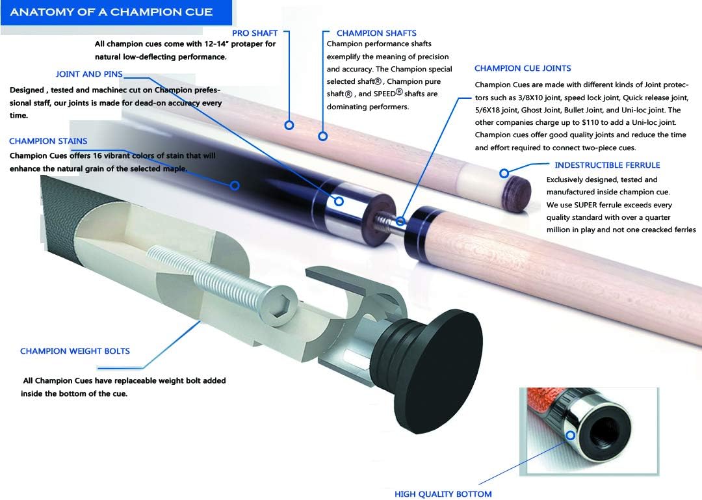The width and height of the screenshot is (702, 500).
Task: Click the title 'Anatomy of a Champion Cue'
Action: [111, 12]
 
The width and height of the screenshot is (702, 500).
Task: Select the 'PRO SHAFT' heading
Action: [255, 33]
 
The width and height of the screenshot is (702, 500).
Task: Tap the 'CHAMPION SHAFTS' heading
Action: [376, 33]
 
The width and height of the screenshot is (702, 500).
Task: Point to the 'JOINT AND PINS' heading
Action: [89, 74]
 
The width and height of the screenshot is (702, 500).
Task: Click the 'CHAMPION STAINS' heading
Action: [48, 141]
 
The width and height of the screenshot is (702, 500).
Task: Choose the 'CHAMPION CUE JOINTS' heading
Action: [523, 68]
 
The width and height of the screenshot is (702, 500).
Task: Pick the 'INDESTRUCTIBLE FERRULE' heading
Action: [607, 165]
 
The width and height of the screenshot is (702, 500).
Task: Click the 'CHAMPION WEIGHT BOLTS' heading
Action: [75, 351]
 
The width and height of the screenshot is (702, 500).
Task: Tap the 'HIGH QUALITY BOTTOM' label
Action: [443, 494]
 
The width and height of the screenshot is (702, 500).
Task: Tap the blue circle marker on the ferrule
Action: [504, 174]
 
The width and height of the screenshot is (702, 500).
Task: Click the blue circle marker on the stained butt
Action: [235, 186]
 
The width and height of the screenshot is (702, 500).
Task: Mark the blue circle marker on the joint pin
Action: [400, 222]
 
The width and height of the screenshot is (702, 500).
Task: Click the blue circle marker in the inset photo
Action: [571, 436]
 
